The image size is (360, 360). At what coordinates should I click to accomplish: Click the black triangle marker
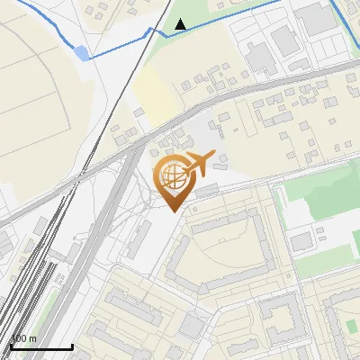click(181, 24)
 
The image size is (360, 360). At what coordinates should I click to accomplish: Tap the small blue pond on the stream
click(82, 53)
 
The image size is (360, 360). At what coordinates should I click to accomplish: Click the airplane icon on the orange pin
click(197, 163)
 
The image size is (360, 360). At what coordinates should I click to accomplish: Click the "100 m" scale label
click(23, 338)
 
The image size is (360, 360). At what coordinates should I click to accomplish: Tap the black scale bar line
click(40, 346)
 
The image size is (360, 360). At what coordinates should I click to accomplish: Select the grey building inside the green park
click(301, 240)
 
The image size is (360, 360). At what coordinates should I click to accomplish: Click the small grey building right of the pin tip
click(207, 190)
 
